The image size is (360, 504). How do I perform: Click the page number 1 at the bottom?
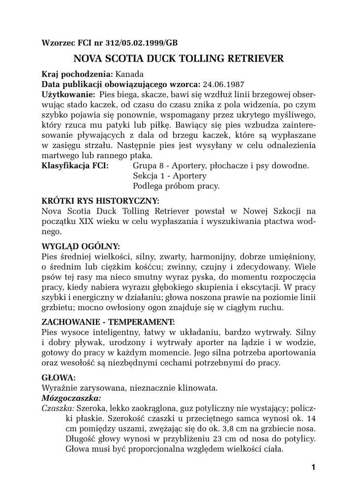click(313, 467)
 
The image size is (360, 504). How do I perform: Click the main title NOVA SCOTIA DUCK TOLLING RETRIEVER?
click(179, 59)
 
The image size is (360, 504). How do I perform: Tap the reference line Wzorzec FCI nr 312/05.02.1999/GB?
click(110, 42)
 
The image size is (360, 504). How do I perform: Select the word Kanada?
click(130, 74)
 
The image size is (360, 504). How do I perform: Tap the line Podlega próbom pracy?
click(176, 186)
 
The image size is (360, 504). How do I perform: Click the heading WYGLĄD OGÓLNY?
click(81, 246)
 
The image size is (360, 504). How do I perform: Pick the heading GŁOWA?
click(59, 378)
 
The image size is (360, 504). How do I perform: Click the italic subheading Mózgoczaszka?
click(71, 398)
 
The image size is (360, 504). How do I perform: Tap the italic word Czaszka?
click(58, 408)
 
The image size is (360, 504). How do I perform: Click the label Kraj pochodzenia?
click(77, 74)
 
